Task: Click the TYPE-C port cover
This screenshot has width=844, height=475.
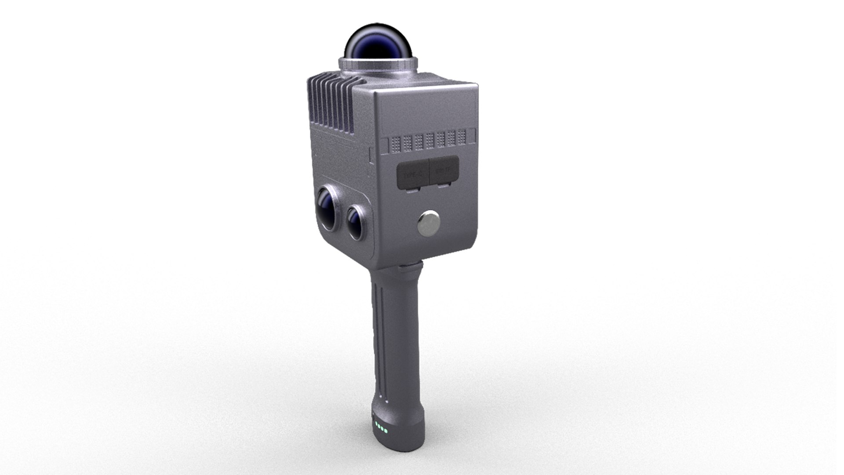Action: click(x=412, y=174)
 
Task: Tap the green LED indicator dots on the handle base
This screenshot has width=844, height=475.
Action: click(x=381, y=427)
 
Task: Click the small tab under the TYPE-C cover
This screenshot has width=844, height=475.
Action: click(x=412, y=190)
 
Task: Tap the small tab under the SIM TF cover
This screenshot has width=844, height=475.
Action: click(x=444, y=187)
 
